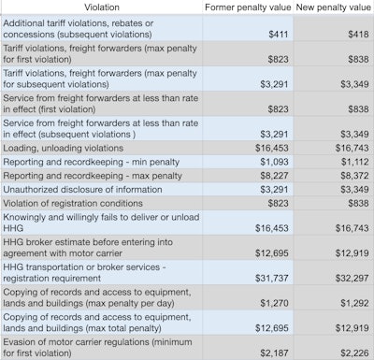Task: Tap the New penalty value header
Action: pyautogui.click(x=332, y=7)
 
